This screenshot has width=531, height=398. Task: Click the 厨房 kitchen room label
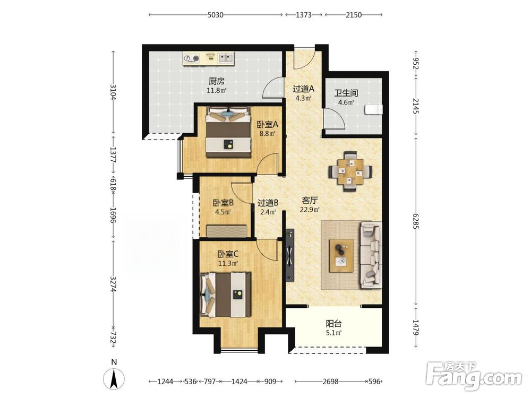(217, 81)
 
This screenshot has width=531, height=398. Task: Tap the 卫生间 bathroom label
(346, 93)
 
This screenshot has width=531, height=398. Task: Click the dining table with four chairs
(350, 171)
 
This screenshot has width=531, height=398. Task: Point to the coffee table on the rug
(341, 256)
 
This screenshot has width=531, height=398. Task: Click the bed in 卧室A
(228, 132)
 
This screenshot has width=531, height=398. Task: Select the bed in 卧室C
(226, 295)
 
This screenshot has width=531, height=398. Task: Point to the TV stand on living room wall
(290, 255)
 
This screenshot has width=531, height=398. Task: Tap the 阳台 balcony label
(333, 324)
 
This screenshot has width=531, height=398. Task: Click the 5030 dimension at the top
(216, 14)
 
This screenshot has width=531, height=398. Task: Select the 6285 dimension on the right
(416, 221)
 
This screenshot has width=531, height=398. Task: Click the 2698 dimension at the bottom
(330, 382)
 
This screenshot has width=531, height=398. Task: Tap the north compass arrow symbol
(114, 378)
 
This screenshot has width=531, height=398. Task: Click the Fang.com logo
(474, 376)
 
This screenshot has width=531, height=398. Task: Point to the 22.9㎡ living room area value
(310, 210)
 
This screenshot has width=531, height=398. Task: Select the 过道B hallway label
(268, 203)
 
